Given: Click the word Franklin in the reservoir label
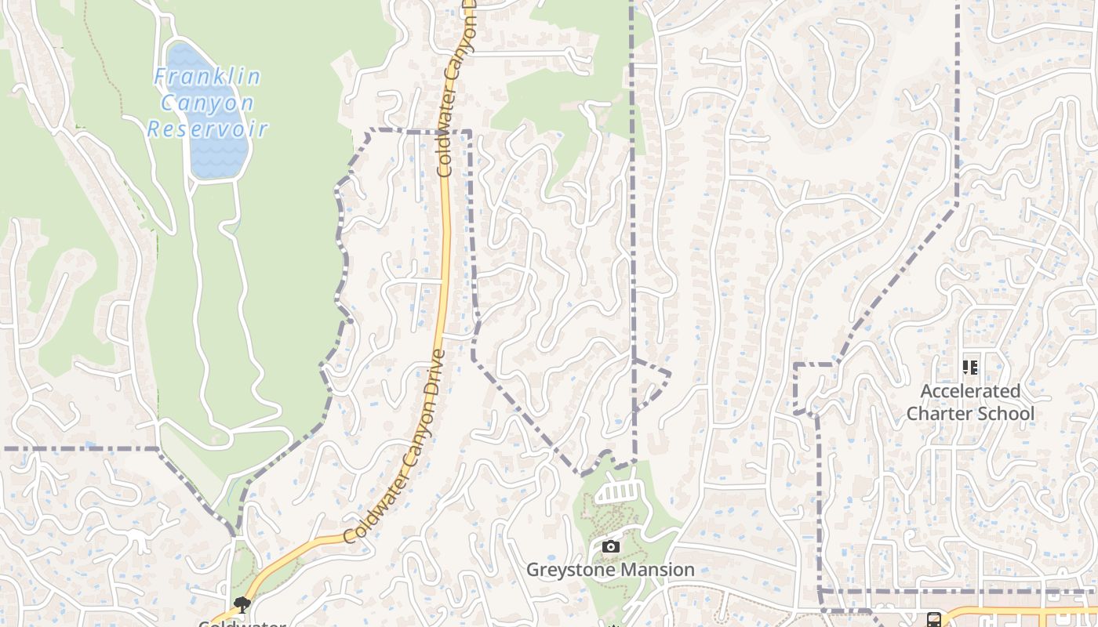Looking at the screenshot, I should tap(208, 77).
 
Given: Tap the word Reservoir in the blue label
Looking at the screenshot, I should tap(208, 129).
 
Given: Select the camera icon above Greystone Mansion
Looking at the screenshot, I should tap(611, 546).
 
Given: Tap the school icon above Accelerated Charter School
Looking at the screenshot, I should tap(970, 367).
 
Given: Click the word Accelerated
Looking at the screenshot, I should tap(970, 391).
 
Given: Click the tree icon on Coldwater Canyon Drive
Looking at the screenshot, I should tap(242, 604).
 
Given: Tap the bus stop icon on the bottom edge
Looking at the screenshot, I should tap(933, 620).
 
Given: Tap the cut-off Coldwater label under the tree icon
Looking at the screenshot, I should tap(241, 623).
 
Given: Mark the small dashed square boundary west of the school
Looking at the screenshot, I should tap(814, 387).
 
